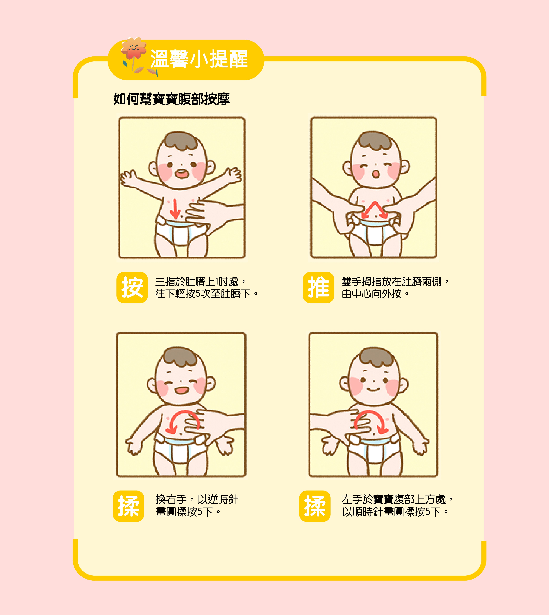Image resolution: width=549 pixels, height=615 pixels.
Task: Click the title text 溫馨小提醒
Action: click(x=199, y=59)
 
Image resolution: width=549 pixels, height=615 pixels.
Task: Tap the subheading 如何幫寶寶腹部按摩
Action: click(x=171, y=99)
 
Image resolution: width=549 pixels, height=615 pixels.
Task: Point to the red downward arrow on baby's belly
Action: click(x=175, y=209)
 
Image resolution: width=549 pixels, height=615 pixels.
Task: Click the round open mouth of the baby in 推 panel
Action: click(x=376, y=174)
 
